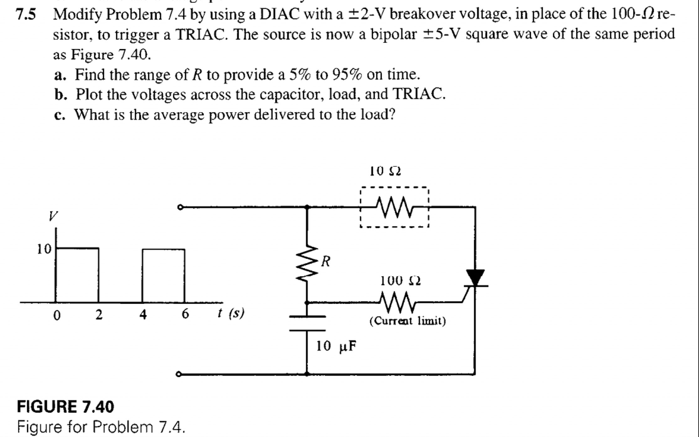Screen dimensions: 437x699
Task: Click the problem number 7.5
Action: pos(26,14)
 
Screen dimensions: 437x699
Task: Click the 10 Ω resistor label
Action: pos(385,171)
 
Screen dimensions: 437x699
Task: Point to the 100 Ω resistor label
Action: pos(400,281)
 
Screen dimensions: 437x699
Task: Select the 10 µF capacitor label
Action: pos(336,346)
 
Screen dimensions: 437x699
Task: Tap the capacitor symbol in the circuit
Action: pos(307,323)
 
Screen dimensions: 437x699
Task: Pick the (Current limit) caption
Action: pos(407,321)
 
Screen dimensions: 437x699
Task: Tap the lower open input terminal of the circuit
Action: pos(179,374)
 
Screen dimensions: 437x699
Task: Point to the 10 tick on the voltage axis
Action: pos(44,249)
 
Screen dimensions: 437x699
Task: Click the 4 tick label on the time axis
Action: pos(143,314)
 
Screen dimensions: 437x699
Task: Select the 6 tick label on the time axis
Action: pos(185,314)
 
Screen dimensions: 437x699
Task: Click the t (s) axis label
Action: pos(231,313)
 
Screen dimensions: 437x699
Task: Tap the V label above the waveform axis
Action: pos(53,216)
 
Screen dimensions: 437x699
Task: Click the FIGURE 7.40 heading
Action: pos(65,407)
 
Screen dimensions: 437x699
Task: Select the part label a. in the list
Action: pos(60,75)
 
